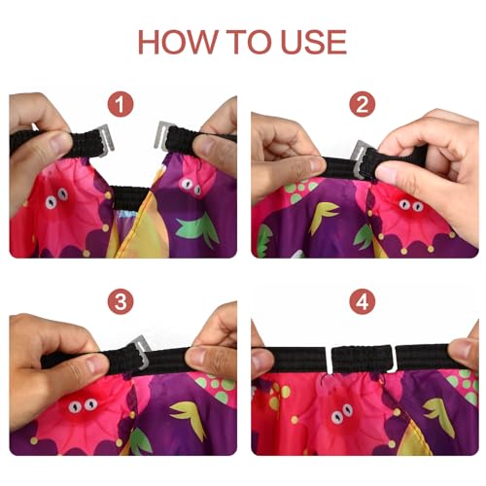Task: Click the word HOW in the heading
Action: click(178, 42)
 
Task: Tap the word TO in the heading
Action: click(249, 42)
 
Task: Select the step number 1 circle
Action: click(121, 104)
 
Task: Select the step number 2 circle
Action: click(363, 104)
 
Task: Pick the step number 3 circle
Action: click(121, 301)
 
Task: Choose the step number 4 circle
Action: click(363, 301)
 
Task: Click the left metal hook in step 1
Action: click(106, 140)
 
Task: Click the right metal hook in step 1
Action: click(162, 135)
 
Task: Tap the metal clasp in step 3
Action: click(142, 352)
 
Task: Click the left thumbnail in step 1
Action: click(60, 143)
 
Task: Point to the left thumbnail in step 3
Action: click(97, 364)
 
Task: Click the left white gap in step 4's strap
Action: click(329, 361)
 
